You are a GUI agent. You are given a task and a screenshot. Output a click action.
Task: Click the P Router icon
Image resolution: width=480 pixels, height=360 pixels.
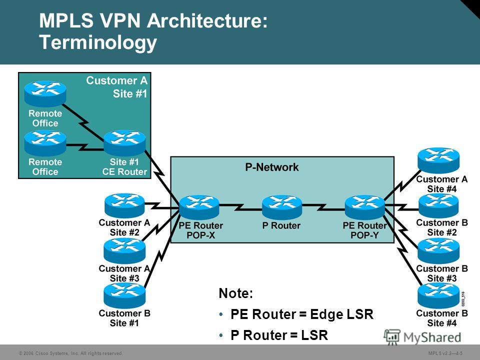click(x=282, y=207)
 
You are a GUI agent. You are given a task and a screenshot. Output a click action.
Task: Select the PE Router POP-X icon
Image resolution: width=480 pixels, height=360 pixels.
click(x=199, y=207)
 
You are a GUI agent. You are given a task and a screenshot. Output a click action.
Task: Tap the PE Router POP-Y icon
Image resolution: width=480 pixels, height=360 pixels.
click(x=364, y=207)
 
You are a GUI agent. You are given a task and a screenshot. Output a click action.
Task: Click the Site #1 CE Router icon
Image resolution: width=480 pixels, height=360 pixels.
click(x=124, y=143)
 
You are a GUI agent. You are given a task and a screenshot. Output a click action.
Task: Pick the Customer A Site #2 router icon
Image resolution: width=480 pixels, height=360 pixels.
click(x=124, y=205)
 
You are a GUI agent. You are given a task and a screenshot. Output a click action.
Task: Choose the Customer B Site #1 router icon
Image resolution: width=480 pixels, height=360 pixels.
click(x=124, y=295)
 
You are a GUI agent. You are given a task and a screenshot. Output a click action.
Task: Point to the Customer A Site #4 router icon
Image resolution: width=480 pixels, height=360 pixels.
click(x=438, y=160)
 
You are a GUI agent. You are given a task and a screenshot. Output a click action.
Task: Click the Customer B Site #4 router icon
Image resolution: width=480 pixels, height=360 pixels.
click(x=438, y=295)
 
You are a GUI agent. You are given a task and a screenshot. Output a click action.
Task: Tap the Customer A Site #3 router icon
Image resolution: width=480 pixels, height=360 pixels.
click(x=124, y=251)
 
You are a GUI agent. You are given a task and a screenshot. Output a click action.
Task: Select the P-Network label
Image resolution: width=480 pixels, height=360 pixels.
click(x=272, y=167)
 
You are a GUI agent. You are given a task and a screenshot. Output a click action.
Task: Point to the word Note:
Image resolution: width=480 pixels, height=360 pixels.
click(x=236, y=293)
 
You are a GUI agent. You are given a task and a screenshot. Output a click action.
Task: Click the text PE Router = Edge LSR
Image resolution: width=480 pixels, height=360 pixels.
click(x=302, y=314)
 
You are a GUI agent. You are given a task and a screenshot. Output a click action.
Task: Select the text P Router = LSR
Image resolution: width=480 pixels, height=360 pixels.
click(x=279, y=335)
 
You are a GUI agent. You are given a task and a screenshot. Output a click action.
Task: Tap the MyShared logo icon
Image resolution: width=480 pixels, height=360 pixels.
click(x=392, y=337)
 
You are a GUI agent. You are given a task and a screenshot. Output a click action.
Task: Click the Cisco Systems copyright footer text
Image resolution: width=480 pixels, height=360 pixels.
click(x=70, y=353)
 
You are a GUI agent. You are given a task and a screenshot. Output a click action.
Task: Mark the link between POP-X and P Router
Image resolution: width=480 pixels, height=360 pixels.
click(x=240, y=207)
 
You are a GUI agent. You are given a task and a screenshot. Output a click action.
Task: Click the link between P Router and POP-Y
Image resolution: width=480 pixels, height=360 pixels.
click(x=323, y=207)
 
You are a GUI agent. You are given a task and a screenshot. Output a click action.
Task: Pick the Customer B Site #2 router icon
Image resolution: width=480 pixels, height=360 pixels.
click(x=438, y=205)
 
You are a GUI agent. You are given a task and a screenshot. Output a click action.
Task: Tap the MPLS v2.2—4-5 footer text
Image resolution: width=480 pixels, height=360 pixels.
click(x=445, y=353)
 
